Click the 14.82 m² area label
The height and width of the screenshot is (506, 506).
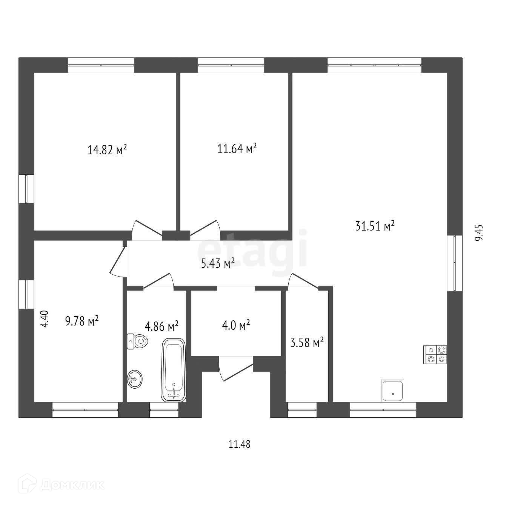click(107, 150)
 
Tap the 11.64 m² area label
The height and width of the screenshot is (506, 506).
click(237, 149)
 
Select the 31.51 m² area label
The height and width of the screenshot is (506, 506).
click(375, 226)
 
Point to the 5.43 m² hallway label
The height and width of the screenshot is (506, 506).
click(218, 263)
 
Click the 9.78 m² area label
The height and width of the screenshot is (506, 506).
click(82, 322)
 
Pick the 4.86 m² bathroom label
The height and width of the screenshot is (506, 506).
click(161, 326)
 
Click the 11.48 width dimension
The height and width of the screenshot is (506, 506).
click(240, 444)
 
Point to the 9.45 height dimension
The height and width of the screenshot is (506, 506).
click(479, 233)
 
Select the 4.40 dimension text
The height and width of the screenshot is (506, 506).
click(44, 319)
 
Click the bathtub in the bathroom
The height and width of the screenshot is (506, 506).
click(174, 370)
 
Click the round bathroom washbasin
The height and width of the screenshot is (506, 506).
click(135, 379)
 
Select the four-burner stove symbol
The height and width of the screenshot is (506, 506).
click(435, 355)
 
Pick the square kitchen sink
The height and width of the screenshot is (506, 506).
click(393, 391)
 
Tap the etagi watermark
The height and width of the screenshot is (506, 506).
click(252, 249)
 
